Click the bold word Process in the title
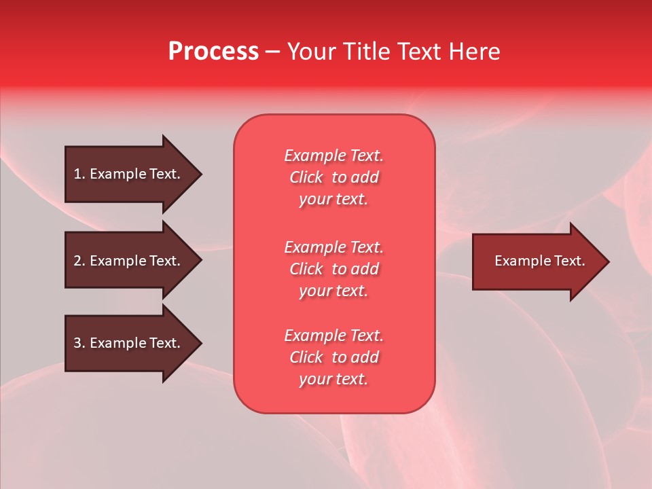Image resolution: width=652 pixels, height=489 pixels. pyautogui.click(x=213, y=52)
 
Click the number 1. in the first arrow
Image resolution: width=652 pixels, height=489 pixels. pyautogui.click(x=79, y=174)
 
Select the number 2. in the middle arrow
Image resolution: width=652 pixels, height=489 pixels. pyautogui.click(x=79, y=261)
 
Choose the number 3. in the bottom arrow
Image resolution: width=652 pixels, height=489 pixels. pyautogui.click(x=79, y=343)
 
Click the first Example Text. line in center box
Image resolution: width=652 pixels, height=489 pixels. pyautogui.click(x=333, y=156)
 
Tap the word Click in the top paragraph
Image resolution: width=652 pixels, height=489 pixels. pyautogui.click(x=306, y=177)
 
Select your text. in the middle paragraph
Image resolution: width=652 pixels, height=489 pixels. pyautogui.click(x=333, y=291)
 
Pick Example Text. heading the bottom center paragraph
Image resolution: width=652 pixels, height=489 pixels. pyautogui.click(x=333, y=336)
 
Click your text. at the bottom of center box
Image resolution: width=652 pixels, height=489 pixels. pyautogui.click(x=333, y=379)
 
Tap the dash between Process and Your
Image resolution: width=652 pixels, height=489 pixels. pyautogui.click(x=273, y=52)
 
